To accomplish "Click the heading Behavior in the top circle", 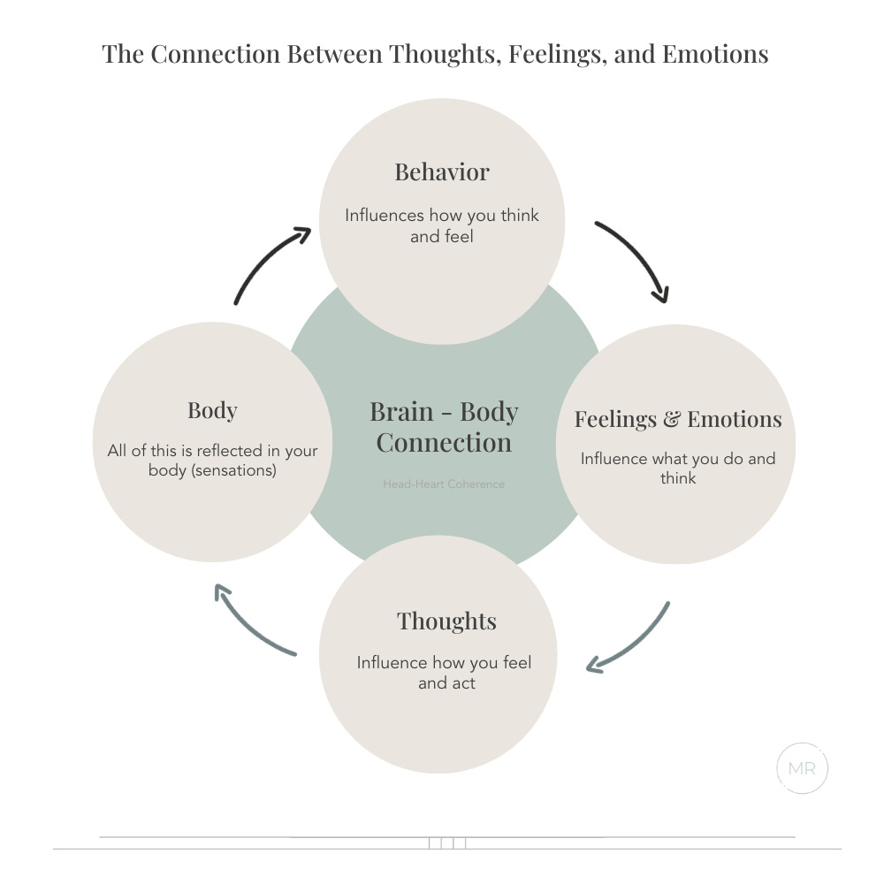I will click(x=441, y=171).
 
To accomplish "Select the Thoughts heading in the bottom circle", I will click(x=446, y=621).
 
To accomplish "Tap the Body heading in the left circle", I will click(x=212, y=410).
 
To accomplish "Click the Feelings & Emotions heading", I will click(x=678, y=418).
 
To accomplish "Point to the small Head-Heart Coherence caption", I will click(x=444, y=484).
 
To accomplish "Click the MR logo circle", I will click(x=802, y=768).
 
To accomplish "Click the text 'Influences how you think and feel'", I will click(x=441, y=225).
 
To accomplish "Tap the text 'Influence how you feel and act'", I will click(x=445, y=672).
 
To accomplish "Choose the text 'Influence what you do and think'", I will click(x=678, y=468).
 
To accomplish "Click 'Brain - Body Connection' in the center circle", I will click(x=444, y=426).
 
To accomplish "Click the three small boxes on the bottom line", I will click(x=447, y=842).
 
